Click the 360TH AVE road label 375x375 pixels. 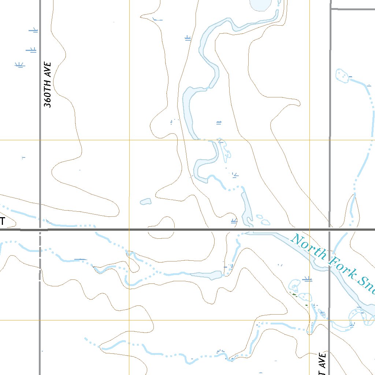pyautogui.click(x=48, y=85)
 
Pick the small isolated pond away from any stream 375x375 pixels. pyautogui.click(x=145, y=201)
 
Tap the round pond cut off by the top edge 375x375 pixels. pyautogui.click(x=260, y=4)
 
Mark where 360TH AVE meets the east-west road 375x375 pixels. pyautogui.click(x=40, y=230)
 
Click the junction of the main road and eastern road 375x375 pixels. pyautogui.click(x=330, y=230)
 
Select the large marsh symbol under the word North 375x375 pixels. pyautogui.click(x=308, y=280)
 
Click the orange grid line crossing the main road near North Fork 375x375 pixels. pyautogui.click(x=309, y=230)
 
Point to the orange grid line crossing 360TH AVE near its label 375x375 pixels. pyautogui.click(x=40, y=140)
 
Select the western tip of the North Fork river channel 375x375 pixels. pyautogui.click(x=245, y=233)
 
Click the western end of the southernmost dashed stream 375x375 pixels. pyautogui.click(x=85, y=338)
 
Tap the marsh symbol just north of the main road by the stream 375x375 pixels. pyautogui.click(x=234, y=221)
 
